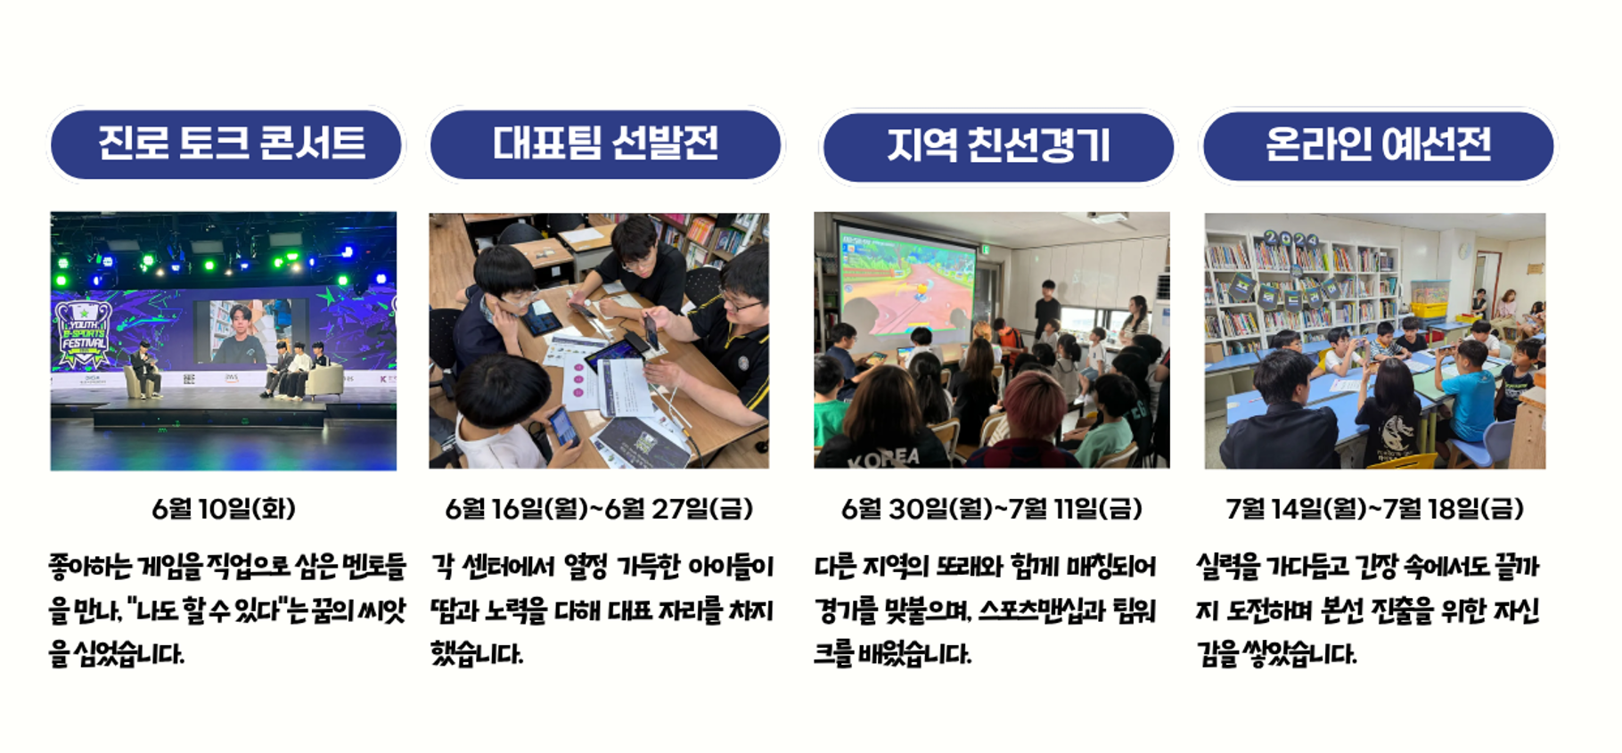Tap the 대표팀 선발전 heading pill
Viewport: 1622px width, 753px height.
click(x=605, y=144)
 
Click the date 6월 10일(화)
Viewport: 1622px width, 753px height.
click(x=224, y=509)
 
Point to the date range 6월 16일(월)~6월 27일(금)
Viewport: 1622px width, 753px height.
click(x=599, y=509)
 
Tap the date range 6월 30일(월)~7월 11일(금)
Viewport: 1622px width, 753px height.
click(x=991, y=509)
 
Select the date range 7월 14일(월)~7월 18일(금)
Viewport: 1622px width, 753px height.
click(x=1374, y=509)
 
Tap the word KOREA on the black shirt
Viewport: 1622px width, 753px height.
click(x=884, y=458)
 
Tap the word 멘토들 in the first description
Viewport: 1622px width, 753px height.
click(x=373, y=567)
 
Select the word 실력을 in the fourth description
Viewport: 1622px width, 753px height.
click(x=1228, y=567)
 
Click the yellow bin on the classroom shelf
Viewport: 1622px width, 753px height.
click(x=1429, y=310)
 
